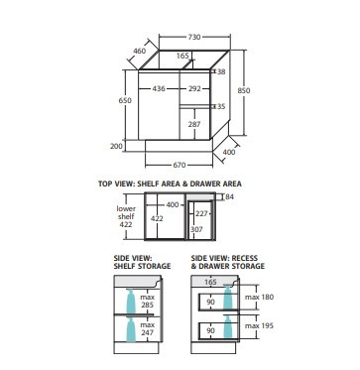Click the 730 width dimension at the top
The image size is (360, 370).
pos(194,37)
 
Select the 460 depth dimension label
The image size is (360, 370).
pos(140,51)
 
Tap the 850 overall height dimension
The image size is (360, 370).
pos(244,90)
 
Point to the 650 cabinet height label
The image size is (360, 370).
pos(125,100)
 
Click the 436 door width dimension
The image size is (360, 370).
pos(159,88)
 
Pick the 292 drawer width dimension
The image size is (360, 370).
pos(194,88)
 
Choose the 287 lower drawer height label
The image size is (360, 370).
pos(194,124)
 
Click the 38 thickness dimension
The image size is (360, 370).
pos(221,71)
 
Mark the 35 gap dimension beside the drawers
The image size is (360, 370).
pos(221,106)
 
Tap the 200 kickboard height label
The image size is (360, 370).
pos(116,146)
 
